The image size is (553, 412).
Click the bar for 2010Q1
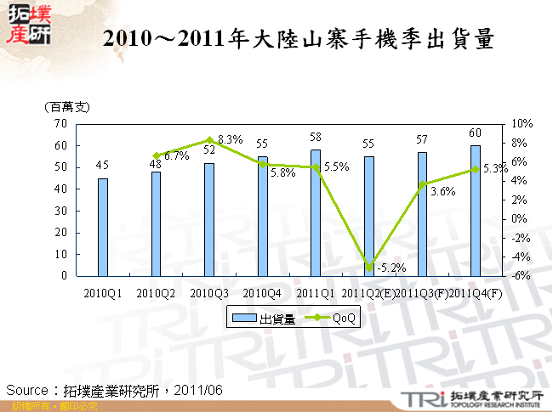103,227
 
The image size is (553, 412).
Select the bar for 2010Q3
209,219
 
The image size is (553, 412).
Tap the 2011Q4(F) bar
475,211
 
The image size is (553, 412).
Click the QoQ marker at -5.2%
368,268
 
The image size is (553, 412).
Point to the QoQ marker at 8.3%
209,140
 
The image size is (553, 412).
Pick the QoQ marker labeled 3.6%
422,184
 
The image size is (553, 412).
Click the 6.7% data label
176,156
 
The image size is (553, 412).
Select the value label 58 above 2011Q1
316,137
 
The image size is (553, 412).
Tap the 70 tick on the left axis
60,124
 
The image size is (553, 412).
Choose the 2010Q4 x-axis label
263,293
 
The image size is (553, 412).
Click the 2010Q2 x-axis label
157,293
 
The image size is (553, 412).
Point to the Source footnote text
115,390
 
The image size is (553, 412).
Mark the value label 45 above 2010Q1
103,166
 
